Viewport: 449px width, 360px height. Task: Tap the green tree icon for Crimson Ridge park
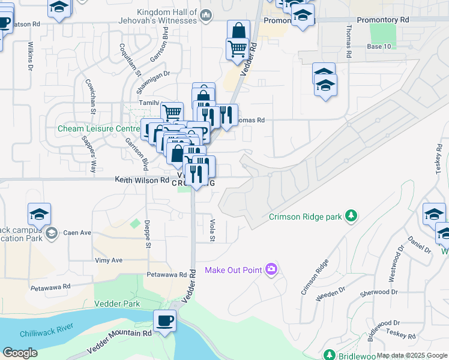(x=351, y=216)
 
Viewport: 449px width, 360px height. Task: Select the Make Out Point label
(x=234, y=269)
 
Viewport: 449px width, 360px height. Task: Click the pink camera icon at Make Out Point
(x=272, y=269)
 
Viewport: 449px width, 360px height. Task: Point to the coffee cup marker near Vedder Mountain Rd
(x=164, y=320)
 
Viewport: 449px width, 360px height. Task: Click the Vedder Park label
(x=116, y=304)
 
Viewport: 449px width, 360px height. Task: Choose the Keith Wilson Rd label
(x=142, y=180)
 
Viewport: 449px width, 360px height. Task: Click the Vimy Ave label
(x=109, y=260)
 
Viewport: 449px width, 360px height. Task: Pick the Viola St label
(x=212, y=230)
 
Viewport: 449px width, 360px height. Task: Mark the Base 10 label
(x=379, y=46)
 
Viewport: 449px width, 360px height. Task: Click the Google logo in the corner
(x=20, y=353)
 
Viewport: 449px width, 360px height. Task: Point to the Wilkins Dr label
(x=29, y=55)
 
